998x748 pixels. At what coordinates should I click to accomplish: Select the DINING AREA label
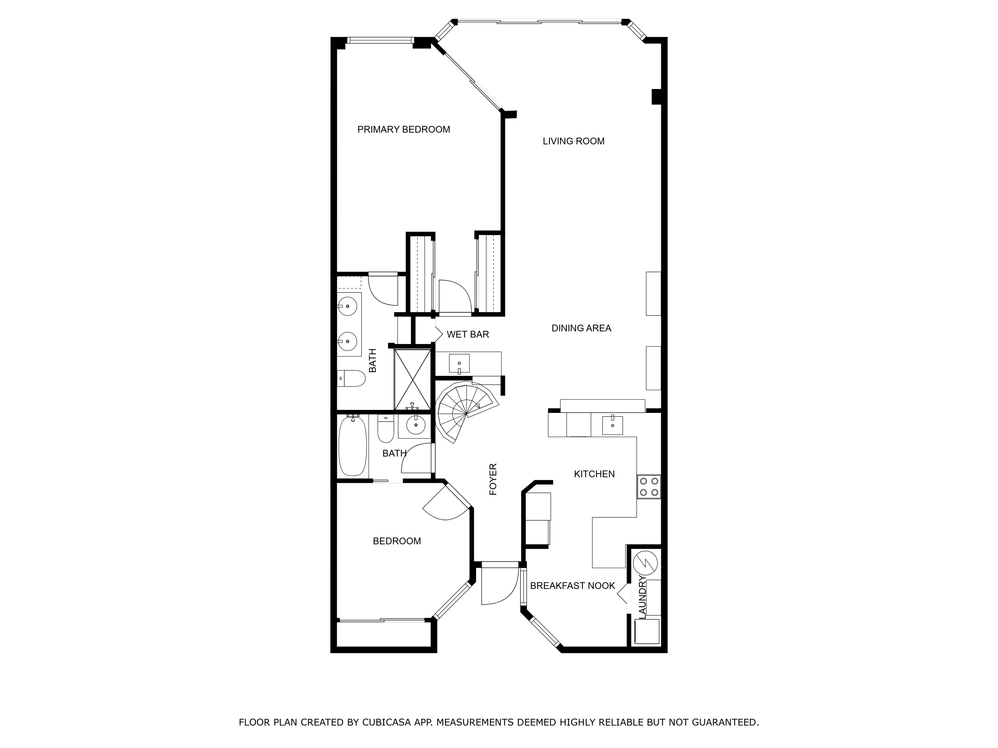[581, 328]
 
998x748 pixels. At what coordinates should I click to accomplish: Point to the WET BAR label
[467, 334]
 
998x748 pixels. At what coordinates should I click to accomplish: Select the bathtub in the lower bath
[352, 446]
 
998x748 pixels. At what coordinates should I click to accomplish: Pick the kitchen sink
[612, 425]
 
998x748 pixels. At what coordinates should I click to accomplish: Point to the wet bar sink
[459, 363]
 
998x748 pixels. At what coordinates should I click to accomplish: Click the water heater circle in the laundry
[645, 563]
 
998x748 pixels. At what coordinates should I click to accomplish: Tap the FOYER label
[493, 479]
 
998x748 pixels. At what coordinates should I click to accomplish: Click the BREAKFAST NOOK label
[572, 586]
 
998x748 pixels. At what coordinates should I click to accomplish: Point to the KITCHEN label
[594, 474]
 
